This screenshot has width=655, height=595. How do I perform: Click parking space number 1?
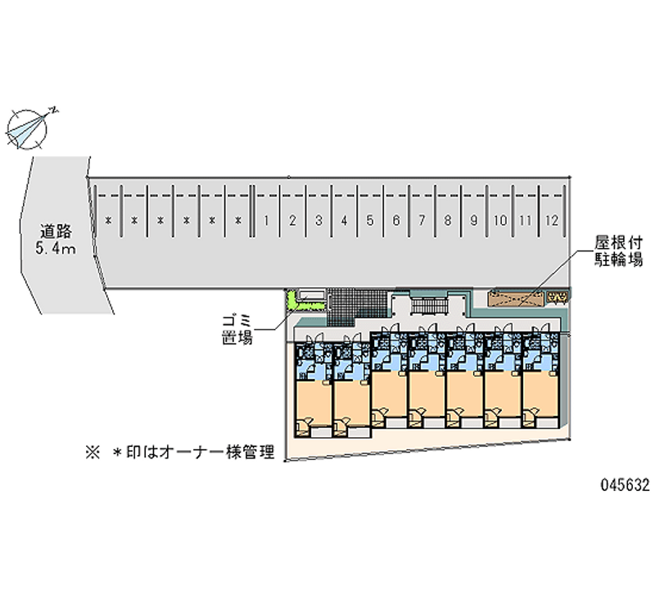266,220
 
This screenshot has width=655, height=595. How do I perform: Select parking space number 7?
422,220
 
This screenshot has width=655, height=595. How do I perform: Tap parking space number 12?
551,220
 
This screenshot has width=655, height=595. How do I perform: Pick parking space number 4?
344,220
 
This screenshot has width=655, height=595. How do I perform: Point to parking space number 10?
499,220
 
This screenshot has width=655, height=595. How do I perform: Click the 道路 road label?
56,232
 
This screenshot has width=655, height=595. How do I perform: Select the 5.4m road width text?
56,250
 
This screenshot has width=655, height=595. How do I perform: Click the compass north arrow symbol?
29,128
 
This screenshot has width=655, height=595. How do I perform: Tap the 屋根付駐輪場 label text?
619,250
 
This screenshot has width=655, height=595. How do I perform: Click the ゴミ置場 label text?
237,330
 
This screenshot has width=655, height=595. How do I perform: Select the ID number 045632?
625,485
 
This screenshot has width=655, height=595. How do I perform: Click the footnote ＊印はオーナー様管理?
194,453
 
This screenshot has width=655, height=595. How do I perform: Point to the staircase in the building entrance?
429,305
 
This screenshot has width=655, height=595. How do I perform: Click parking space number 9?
474,220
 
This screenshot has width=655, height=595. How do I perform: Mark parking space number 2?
292,220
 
